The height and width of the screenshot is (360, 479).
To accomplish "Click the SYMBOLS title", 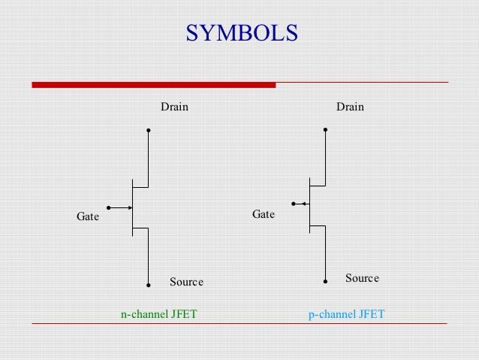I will (x=242, y=34).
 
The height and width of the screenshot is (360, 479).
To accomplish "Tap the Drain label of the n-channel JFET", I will (x=174, y=107).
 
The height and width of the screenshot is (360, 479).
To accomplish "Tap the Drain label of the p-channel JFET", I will (x=350, y=107).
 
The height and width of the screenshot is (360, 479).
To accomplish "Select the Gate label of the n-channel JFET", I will (x=88, y=216).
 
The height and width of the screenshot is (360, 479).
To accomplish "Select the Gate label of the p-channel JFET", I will (x=264, y=214).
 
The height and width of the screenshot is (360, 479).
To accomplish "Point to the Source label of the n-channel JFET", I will (x=186, y=282).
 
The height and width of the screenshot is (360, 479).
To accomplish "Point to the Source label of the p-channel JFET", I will (x=362, y=278).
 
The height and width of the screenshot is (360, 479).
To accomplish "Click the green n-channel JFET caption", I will (x=159, y=314).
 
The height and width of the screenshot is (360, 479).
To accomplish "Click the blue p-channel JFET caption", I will (x=346, y=314).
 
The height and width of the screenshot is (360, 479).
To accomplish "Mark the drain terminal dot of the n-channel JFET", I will (x=149, y=130).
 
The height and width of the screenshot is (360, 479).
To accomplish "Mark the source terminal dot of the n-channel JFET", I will (x=149, y=285).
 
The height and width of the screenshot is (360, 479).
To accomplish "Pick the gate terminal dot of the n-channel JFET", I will (x=109, y=207).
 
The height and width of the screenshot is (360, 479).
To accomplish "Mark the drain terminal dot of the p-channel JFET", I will (x=325, y=129).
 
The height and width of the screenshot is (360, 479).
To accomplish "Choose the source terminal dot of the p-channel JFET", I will (x=325, y=281).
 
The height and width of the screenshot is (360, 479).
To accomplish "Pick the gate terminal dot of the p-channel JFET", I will (x=294, y=203).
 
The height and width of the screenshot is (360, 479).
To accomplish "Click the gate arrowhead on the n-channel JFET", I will (x=129, y=207).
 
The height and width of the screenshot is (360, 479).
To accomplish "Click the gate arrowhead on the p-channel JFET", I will (x=303, y=203).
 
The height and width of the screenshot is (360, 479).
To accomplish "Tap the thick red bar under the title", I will (x=153, y=85).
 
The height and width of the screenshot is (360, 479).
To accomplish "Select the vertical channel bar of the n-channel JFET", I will (x=132, y=207).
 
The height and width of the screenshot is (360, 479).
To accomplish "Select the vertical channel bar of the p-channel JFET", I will (x=309, y=203).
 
